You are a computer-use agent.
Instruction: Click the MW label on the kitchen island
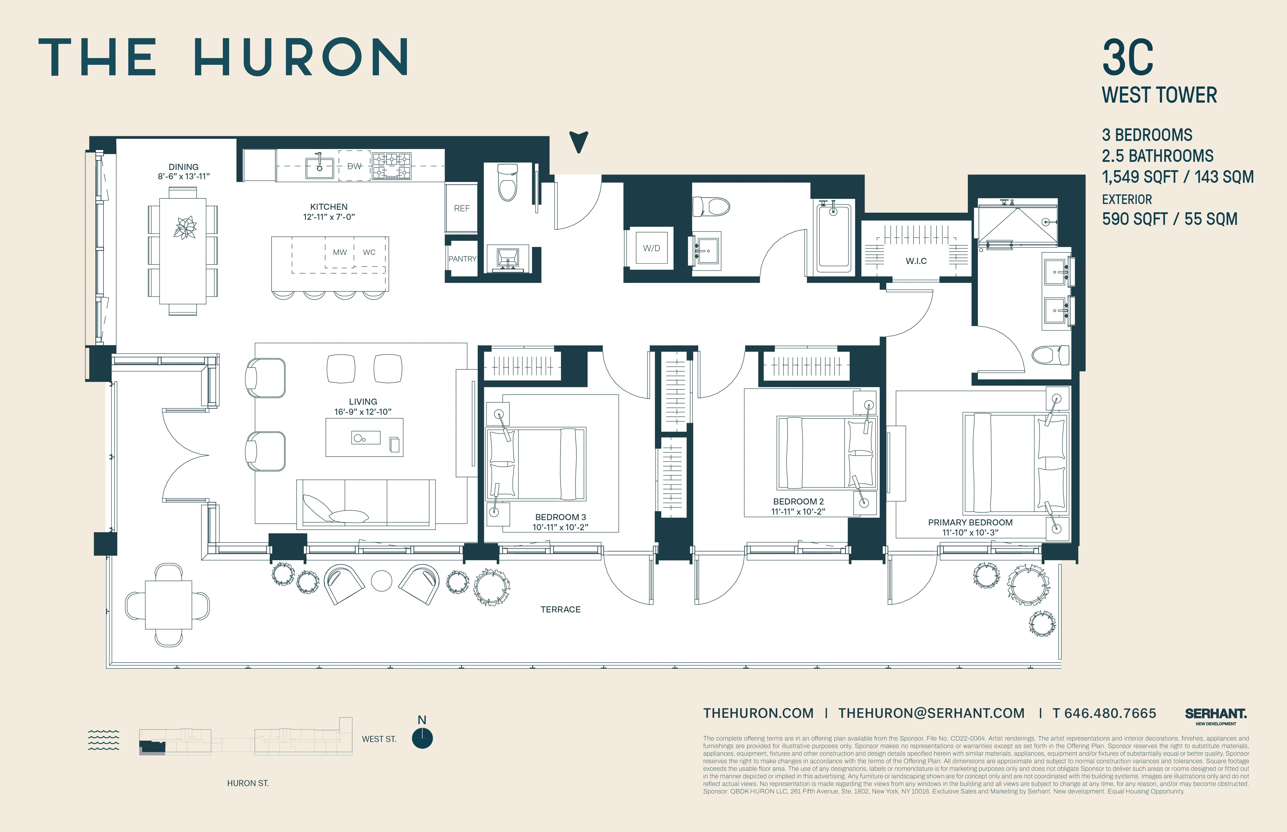point(340,252)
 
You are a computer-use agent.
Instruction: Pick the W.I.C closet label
point(916,261)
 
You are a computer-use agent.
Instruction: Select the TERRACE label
point(560,609)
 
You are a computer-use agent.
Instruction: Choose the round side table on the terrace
point(382,581)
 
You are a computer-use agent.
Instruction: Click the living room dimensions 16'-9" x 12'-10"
point(363,412)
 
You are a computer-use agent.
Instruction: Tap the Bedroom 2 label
point(798,501)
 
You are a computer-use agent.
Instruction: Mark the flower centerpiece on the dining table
point(184,227)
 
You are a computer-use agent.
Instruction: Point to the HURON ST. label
point(248,783)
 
